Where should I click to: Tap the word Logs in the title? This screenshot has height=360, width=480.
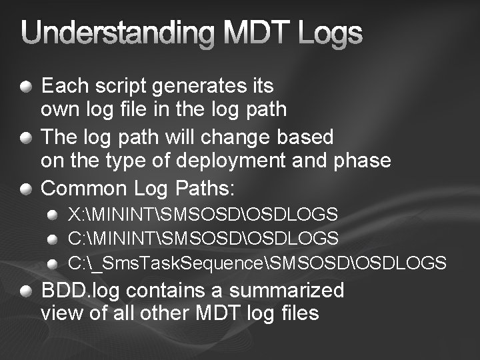pos(331,34)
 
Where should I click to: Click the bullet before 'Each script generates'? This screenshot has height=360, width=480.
pos(25,86)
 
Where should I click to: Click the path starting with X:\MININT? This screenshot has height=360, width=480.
pos(203,215)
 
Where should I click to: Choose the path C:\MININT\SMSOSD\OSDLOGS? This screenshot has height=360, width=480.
pos(203,238)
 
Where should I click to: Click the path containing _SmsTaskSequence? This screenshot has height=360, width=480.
pos(257,263)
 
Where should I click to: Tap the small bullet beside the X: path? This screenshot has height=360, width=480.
pos(52,215)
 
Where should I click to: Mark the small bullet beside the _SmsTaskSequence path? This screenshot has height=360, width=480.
pos(52,263)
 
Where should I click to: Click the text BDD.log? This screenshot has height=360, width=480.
pos(81,291)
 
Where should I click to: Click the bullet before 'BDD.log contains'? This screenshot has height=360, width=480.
pos(25,291)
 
